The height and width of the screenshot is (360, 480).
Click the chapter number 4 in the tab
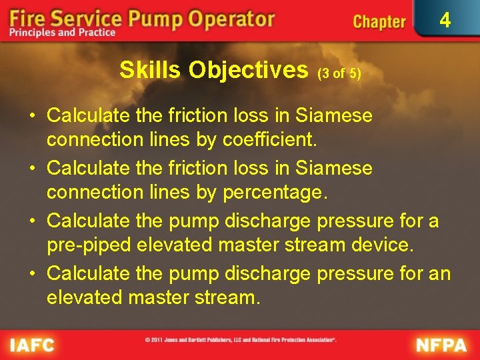tap(445, 20)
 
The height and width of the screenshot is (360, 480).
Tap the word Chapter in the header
tap(379, 22)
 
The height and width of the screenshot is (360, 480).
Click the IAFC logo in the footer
tap(31, 345)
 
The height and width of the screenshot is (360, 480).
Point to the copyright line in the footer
tap(241, 340)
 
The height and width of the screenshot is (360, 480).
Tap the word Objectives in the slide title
tap(249, 70)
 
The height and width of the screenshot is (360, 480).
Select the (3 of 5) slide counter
tap(339, 73)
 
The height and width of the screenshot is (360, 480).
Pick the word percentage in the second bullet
tap(277, 193)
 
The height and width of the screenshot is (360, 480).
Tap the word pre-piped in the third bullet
tap(89, 245)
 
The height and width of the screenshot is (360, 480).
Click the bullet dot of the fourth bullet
tap(32, 273)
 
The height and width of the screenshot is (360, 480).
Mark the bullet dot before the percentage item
tap(32, 168)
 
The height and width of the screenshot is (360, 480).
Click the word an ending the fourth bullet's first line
tap(440, 273)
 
